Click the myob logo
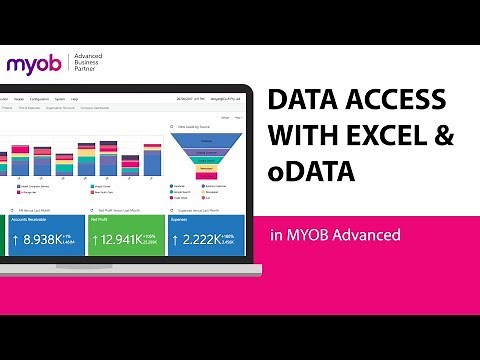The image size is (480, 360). point(34,65)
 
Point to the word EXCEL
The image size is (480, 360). point(384,138)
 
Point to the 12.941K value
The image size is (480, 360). point(132,240)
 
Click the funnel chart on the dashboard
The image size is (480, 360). point(209,152)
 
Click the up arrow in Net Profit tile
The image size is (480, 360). point(95,240)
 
